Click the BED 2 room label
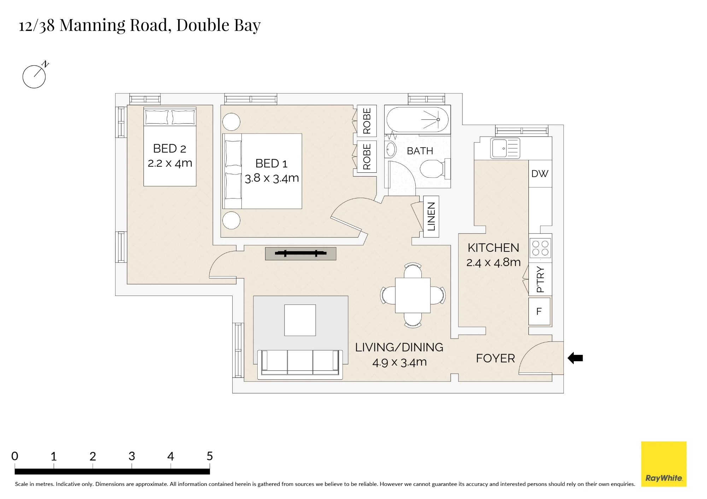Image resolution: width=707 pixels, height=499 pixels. (170, 149)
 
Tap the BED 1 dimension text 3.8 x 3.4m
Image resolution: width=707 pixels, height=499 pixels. (272, 178)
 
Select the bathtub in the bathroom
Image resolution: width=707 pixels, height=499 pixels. (417, 120)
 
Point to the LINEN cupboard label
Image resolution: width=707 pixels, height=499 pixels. (431, 216)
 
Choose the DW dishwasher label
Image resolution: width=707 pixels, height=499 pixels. (540, 174)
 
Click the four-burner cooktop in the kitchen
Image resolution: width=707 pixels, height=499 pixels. (540, 248)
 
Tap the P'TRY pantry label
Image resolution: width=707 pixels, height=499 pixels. (540, 279)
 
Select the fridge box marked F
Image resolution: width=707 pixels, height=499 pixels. (539, 311)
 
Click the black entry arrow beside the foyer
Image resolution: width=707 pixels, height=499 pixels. (575, 358)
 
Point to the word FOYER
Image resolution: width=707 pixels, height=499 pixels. (495, 358)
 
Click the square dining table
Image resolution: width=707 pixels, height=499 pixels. (413, 295)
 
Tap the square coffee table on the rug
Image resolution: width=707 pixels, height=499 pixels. (300, 320)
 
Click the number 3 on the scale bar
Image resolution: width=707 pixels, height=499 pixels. (132, 456)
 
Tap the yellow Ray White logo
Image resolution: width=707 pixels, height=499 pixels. (664, 464)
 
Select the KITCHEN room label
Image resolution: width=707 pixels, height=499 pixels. (493, 248)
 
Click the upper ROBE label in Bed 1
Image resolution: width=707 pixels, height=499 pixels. (367, 121)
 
